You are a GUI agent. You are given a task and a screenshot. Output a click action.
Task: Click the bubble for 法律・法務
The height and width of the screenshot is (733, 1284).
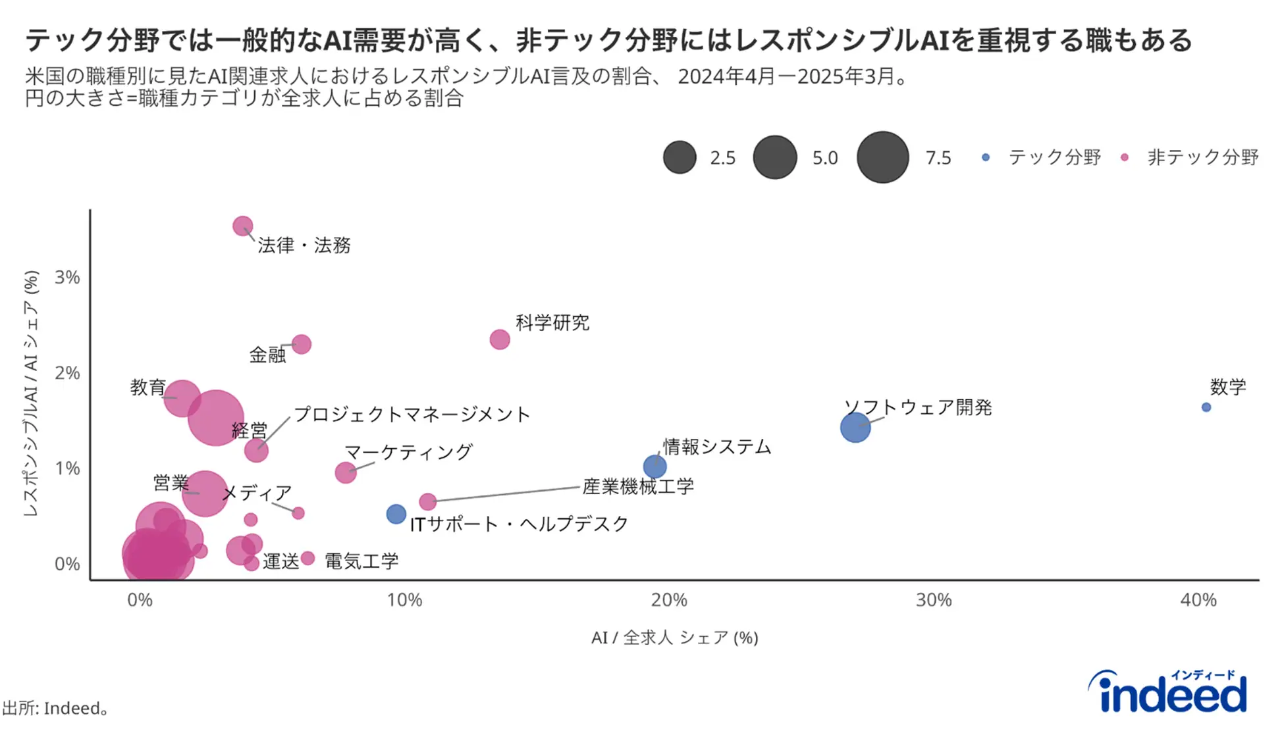243,226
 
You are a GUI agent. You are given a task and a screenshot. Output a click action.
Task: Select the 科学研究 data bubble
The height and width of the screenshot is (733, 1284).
500,340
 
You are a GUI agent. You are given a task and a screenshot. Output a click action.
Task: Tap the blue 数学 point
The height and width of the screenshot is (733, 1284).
1206,407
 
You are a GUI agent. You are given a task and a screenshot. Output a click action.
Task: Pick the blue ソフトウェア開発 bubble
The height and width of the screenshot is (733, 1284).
855,428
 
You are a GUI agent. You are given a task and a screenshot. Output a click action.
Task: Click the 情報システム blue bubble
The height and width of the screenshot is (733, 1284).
655,467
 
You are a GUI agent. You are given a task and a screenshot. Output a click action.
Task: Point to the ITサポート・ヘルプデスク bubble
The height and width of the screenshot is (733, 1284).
396,514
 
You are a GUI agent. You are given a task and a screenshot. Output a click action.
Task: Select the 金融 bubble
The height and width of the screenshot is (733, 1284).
301,344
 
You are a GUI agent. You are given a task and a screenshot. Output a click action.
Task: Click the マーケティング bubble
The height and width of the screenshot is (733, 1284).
345,472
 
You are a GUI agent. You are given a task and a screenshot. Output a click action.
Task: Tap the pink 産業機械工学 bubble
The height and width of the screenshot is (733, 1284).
427,502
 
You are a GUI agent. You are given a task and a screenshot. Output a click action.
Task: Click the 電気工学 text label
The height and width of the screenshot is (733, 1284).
361,561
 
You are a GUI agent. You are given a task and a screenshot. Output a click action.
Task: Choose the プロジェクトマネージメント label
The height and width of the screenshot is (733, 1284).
412,415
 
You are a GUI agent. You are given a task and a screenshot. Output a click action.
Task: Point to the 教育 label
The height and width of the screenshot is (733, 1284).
147,387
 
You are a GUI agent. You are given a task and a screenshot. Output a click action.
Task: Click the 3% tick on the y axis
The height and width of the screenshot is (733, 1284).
67,278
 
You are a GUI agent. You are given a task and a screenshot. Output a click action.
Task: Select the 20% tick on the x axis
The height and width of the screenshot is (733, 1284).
669,600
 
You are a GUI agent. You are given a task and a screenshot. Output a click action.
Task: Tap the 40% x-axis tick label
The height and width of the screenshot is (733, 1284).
1198,600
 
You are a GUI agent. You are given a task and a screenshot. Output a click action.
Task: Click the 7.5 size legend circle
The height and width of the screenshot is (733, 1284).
882,157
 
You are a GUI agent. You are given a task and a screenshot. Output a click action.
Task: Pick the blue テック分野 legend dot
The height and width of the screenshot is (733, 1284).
985,157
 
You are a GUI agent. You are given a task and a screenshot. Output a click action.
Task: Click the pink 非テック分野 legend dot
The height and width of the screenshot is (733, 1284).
1124,157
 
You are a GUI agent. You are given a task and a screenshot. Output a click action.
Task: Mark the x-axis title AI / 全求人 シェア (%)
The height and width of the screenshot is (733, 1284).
674,638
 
